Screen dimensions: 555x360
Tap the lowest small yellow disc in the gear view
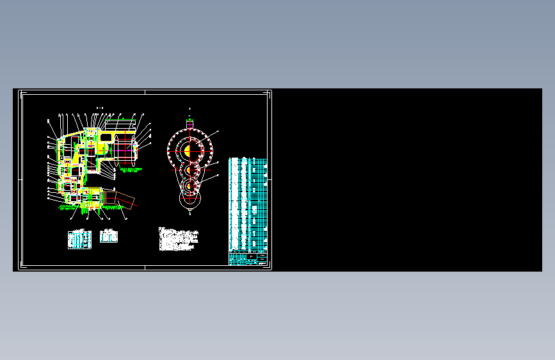(x=189, y=186)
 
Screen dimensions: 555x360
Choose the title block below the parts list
(x=248, y=260)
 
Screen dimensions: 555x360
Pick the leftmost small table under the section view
(x=79, y=238)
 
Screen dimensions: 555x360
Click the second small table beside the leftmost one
(x=109, y=236)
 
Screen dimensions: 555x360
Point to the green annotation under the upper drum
(x=131, y=170)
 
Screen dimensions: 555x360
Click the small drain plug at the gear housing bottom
(x=189, y=211)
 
